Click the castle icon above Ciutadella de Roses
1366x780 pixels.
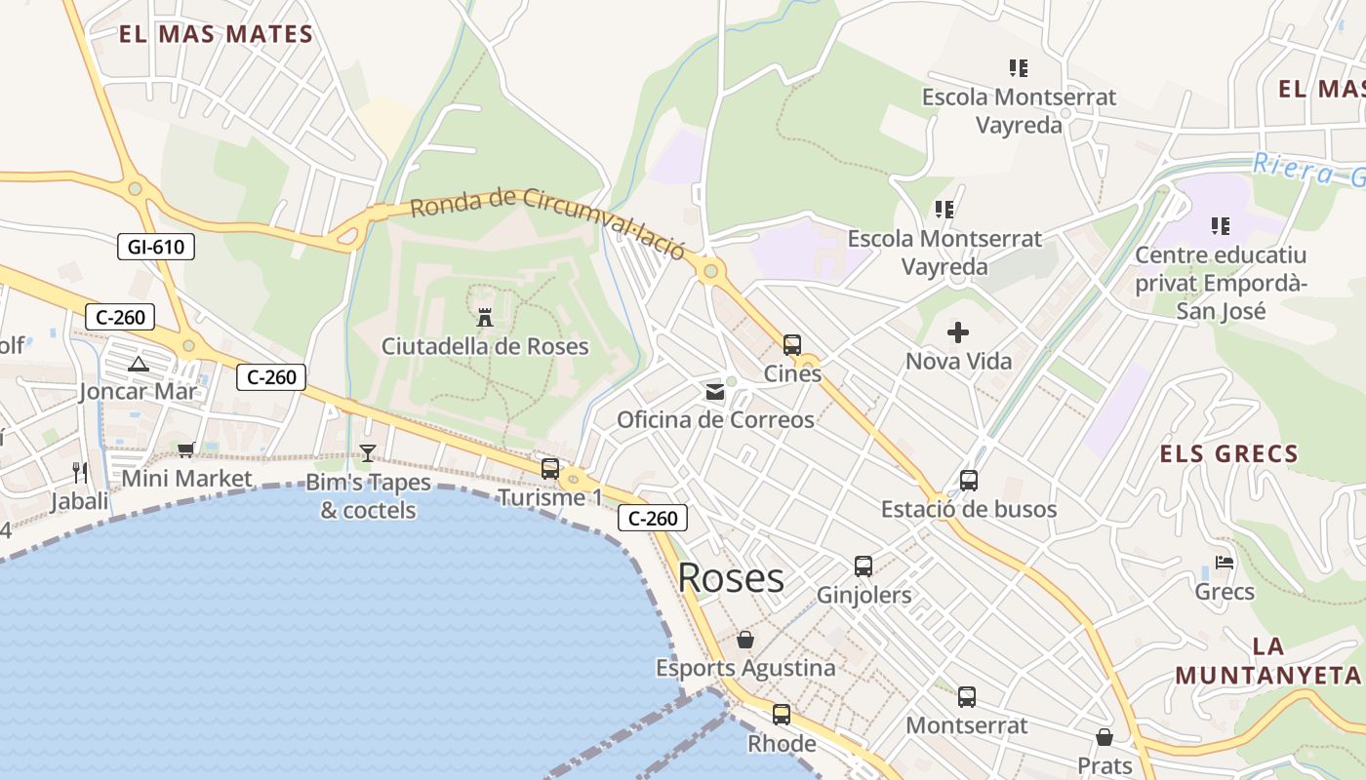point(485,317)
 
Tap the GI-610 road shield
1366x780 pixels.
point(155,247)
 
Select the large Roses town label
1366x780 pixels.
point(731,577)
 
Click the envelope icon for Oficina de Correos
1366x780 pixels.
point(715,392)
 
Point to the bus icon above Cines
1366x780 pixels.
point(792,345)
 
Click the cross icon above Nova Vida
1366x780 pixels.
point(958,332)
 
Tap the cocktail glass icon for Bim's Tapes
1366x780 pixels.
point(368,453)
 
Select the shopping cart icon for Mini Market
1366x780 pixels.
point(185,449)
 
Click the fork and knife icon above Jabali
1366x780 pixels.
point(80,473)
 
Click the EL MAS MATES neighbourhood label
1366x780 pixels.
point(216,35)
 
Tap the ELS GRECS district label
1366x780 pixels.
point(1228,453)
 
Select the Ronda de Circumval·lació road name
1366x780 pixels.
point(547,216)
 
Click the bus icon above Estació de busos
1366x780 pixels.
point(969,481)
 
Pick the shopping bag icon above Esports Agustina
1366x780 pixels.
point(745,640)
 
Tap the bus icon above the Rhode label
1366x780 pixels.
point(782,715)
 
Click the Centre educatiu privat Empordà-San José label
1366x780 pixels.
point(1220,284)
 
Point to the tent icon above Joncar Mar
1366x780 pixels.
point(139,365)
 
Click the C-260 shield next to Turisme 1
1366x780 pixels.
point(653,519)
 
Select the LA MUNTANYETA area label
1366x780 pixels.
point(1266,660)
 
